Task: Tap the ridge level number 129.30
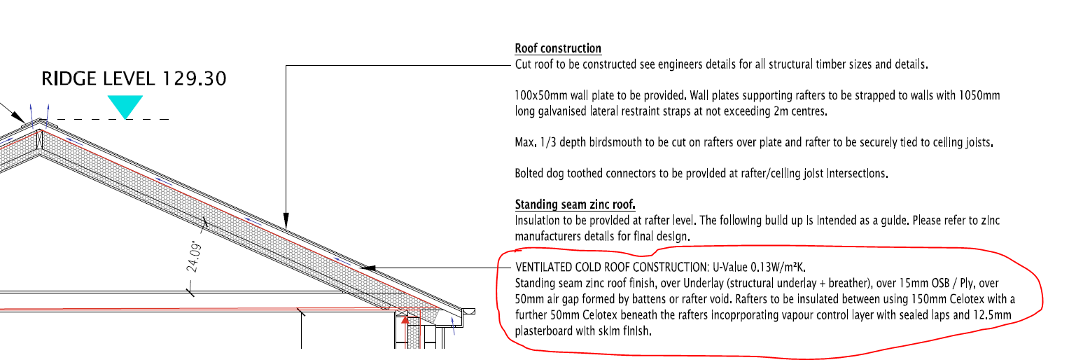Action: [x=194, y=78]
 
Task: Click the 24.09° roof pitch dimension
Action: [x=194, y=256]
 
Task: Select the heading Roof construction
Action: [x=558, y=48]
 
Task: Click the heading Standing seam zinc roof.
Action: [x=575, y=205]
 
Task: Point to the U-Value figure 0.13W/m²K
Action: [x=778, y=266]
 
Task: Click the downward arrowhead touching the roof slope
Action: [x=286, y=221]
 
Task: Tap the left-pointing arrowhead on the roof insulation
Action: [x=368, y=268]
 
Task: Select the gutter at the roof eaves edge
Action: [x=468, y=311]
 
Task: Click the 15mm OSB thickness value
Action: [x=923, y=283]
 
